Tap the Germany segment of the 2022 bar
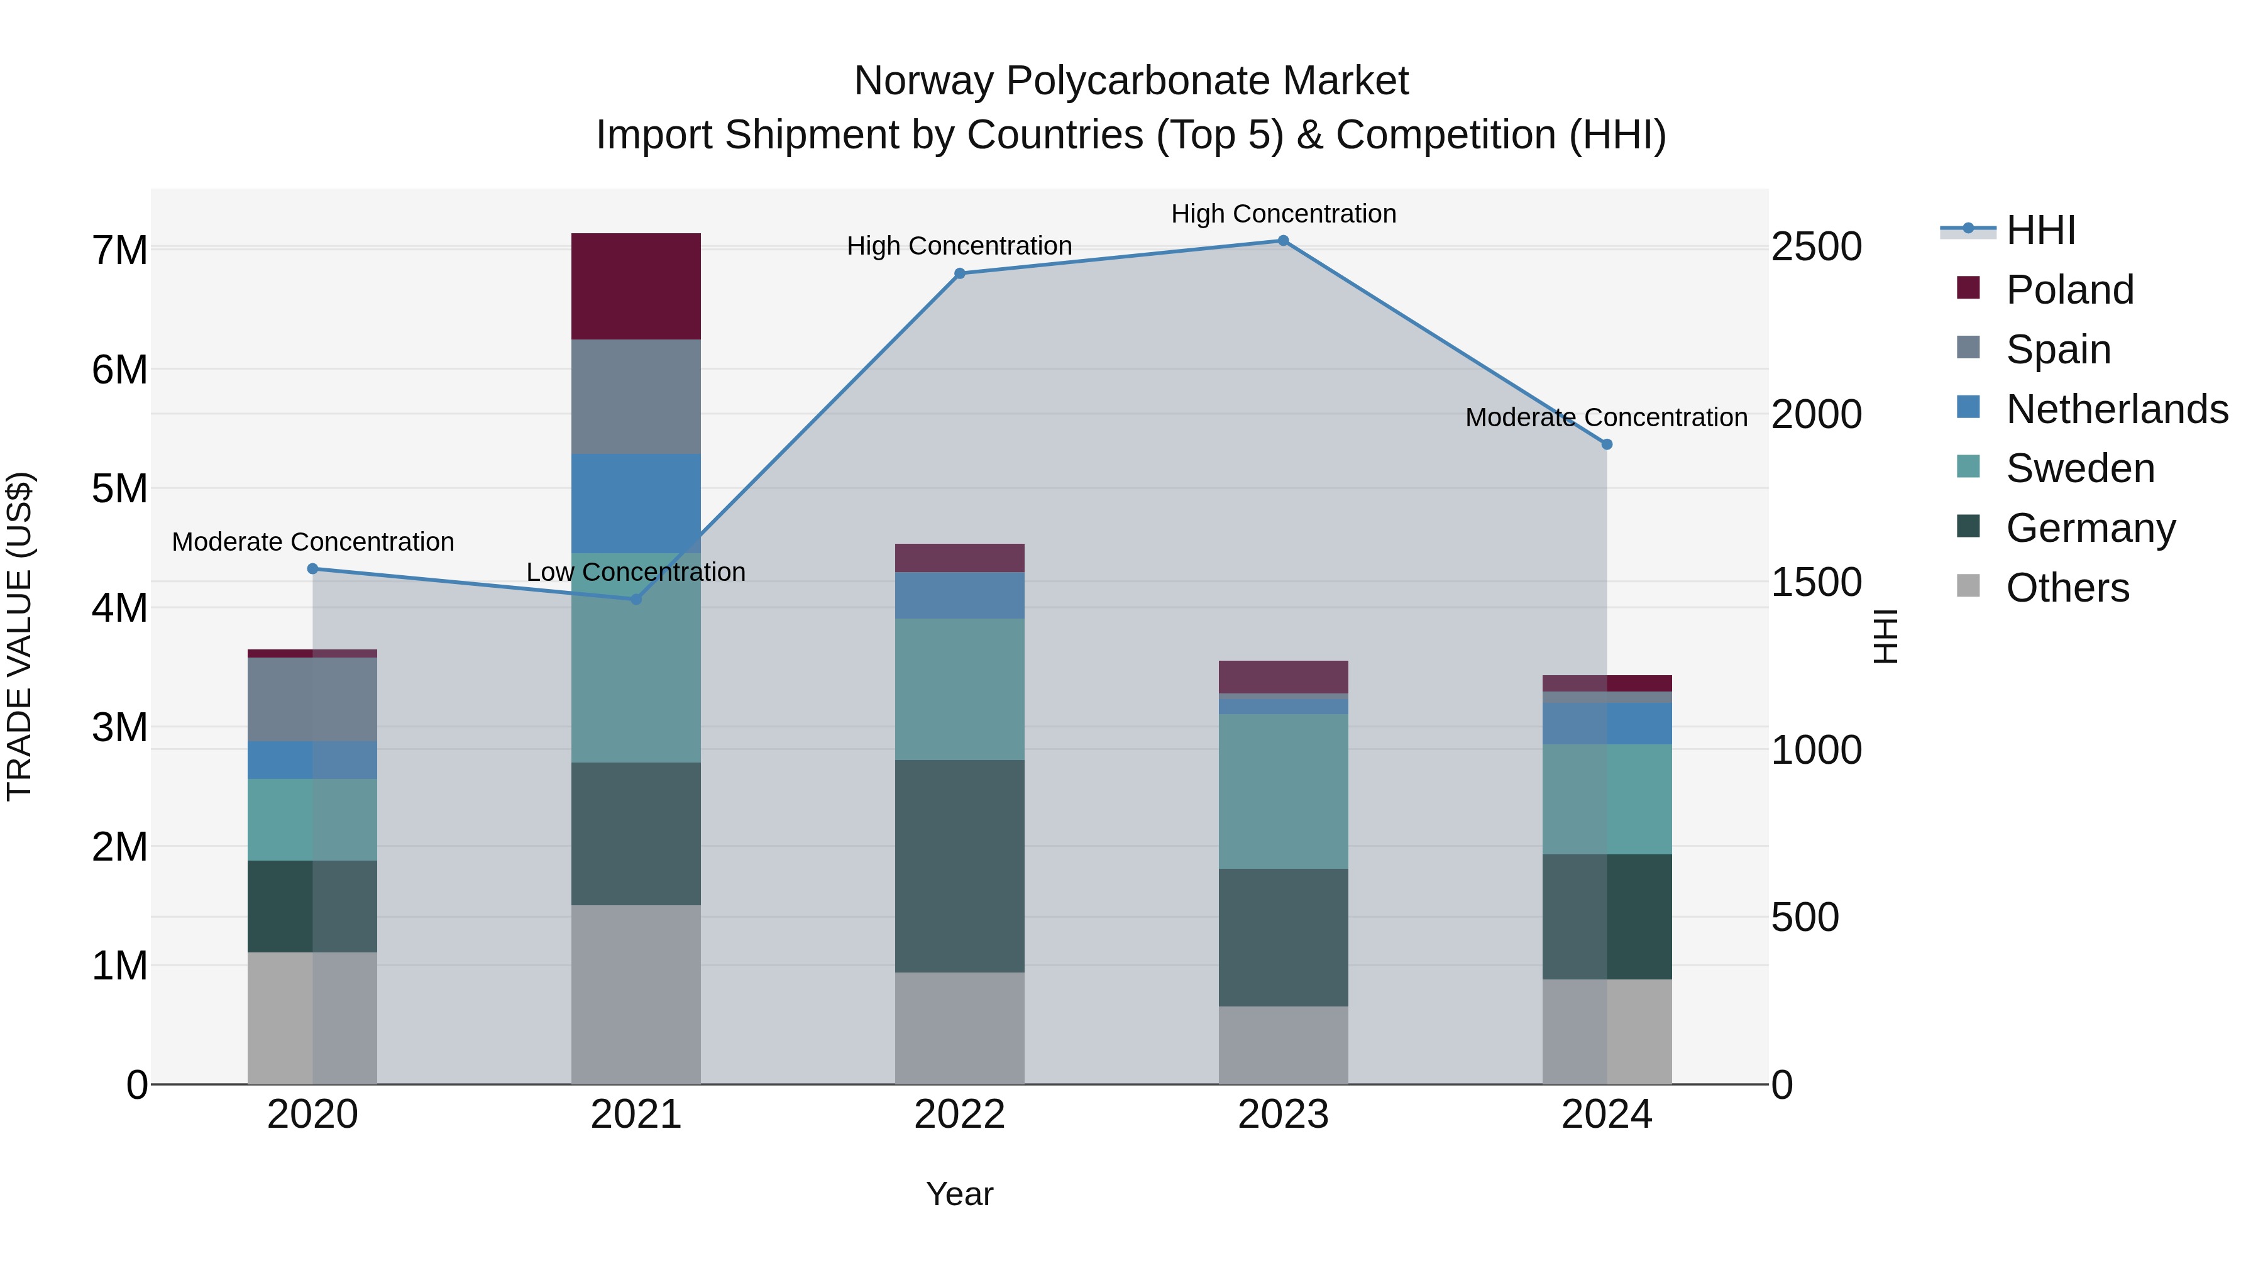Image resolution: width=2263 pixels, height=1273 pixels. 959,866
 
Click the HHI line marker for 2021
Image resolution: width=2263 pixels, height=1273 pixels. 636,599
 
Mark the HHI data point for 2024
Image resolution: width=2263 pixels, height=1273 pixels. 1607,444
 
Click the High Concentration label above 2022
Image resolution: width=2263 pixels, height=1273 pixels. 959,246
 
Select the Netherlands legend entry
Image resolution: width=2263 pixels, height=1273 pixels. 2117,409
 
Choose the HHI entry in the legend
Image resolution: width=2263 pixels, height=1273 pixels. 2040,230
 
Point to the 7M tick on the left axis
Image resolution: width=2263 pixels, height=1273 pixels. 119,250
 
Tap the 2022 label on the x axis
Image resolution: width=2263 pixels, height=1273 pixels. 959,1115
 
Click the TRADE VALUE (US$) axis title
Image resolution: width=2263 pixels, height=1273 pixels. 19,637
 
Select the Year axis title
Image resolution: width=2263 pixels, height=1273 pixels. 959,1194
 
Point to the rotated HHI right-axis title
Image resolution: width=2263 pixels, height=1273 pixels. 1885,637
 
